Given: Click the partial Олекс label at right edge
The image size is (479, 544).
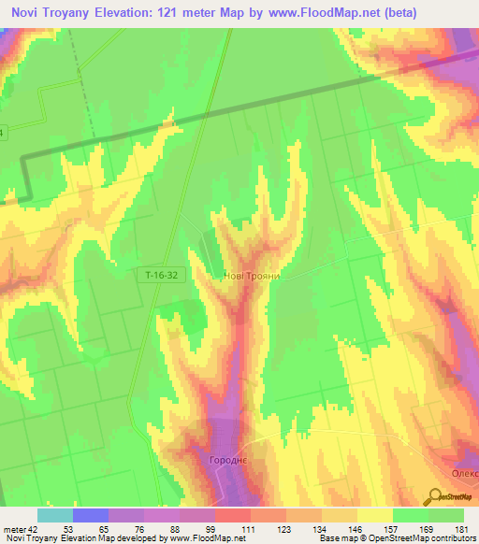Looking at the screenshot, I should [x=465, y=474].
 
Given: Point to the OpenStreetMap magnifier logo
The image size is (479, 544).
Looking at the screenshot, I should [x=437, y=496].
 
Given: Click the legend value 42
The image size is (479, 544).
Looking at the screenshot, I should [x=33, y=529].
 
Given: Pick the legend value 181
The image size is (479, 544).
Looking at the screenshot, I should [x=462, y=529].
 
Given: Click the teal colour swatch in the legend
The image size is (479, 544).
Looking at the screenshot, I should [x=55, y=515].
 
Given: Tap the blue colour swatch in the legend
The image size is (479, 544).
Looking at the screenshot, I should [x=91, y=515].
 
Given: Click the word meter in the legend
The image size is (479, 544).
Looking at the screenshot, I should [x=13, y=529].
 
